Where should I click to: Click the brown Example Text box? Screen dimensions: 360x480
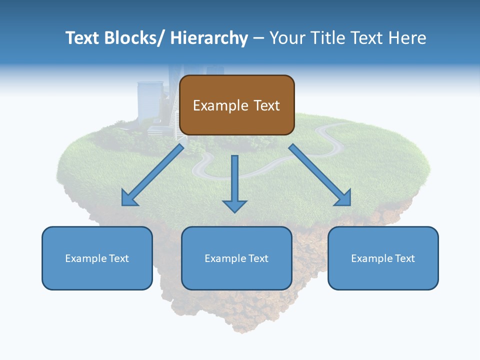click(x=236, y=105)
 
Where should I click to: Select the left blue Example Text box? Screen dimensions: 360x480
click(x=97, y=258)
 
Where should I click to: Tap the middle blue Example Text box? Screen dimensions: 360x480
click(x=236, y=258)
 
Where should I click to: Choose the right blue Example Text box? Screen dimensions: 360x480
click(x=383, y=258)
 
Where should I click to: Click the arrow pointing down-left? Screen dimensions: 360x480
click(x=152, y=175)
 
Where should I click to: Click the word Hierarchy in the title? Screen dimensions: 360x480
click(x=209, y=38)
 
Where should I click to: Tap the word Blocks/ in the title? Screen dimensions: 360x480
click(x=131, y=38)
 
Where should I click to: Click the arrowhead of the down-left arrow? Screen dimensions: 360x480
click(x=129, y=198)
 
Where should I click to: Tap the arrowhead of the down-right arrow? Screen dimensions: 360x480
click(x=343, y=198)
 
